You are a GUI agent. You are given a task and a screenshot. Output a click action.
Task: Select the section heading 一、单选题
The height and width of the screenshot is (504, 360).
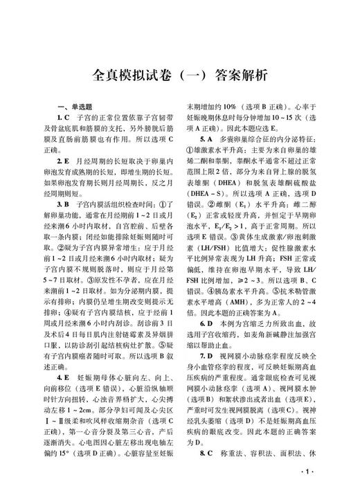coord(79,106)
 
